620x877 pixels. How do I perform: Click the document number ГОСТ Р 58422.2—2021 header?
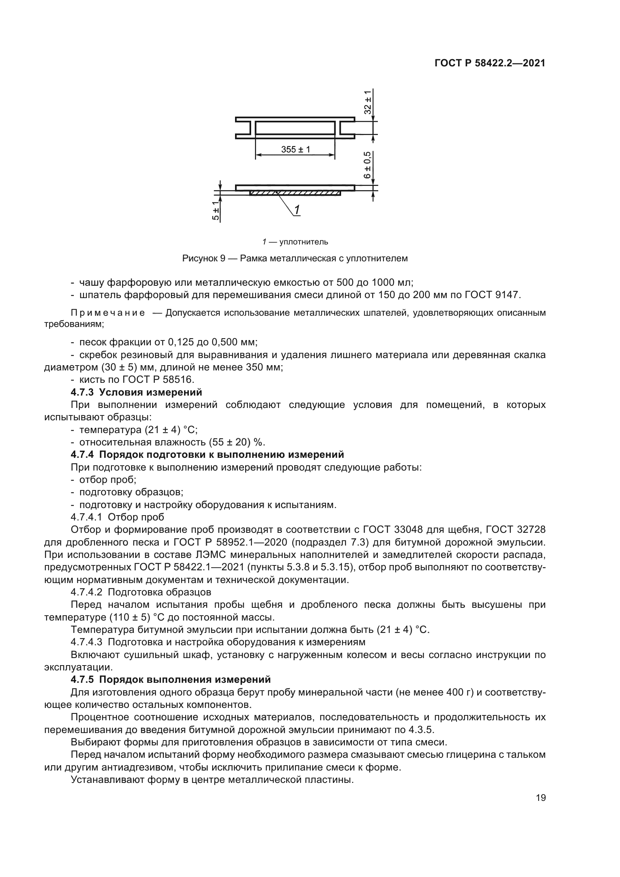click(x=490, y=63)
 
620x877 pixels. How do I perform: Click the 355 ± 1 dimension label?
click(x=295, y=149)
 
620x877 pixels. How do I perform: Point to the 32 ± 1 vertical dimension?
click(x=367, y=102)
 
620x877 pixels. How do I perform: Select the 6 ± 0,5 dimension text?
click(x=367, y=165)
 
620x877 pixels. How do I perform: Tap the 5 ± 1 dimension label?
click(x=216, y=211)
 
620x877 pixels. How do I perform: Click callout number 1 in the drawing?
click(x=297, y=210)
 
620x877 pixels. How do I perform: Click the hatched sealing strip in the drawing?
click(x=295, y=193)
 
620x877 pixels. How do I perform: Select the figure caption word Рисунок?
click(x=200, y=259)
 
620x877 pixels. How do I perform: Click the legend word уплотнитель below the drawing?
click(x=304, y=242)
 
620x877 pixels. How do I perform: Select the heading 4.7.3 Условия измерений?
click(x=136, y=392)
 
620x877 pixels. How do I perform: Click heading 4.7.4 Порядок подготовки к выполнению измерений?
click(x=207, y=454)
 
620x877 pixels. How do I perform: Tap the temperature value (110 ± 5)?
click(x=130, y=617)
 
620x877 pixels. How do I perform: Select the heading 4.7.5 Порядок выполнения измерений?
click(x=171, y=679)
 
